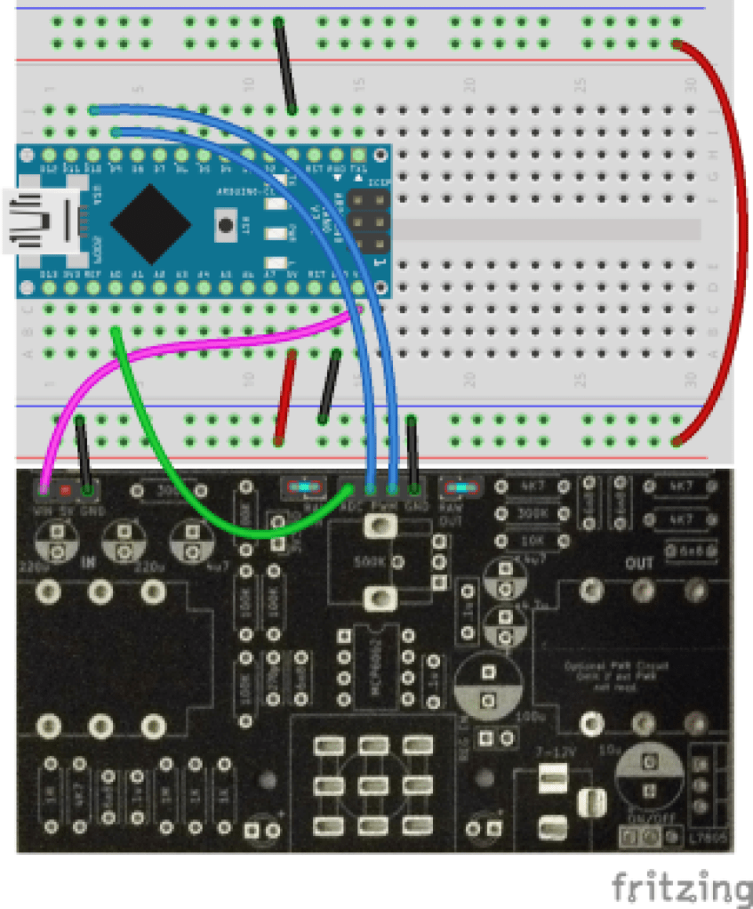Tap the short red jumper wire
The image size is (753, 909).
coord(285,396)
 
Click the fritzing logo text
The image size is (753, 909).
coord(680,887)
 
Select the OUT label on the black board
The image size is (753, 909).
coord(638,564)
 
